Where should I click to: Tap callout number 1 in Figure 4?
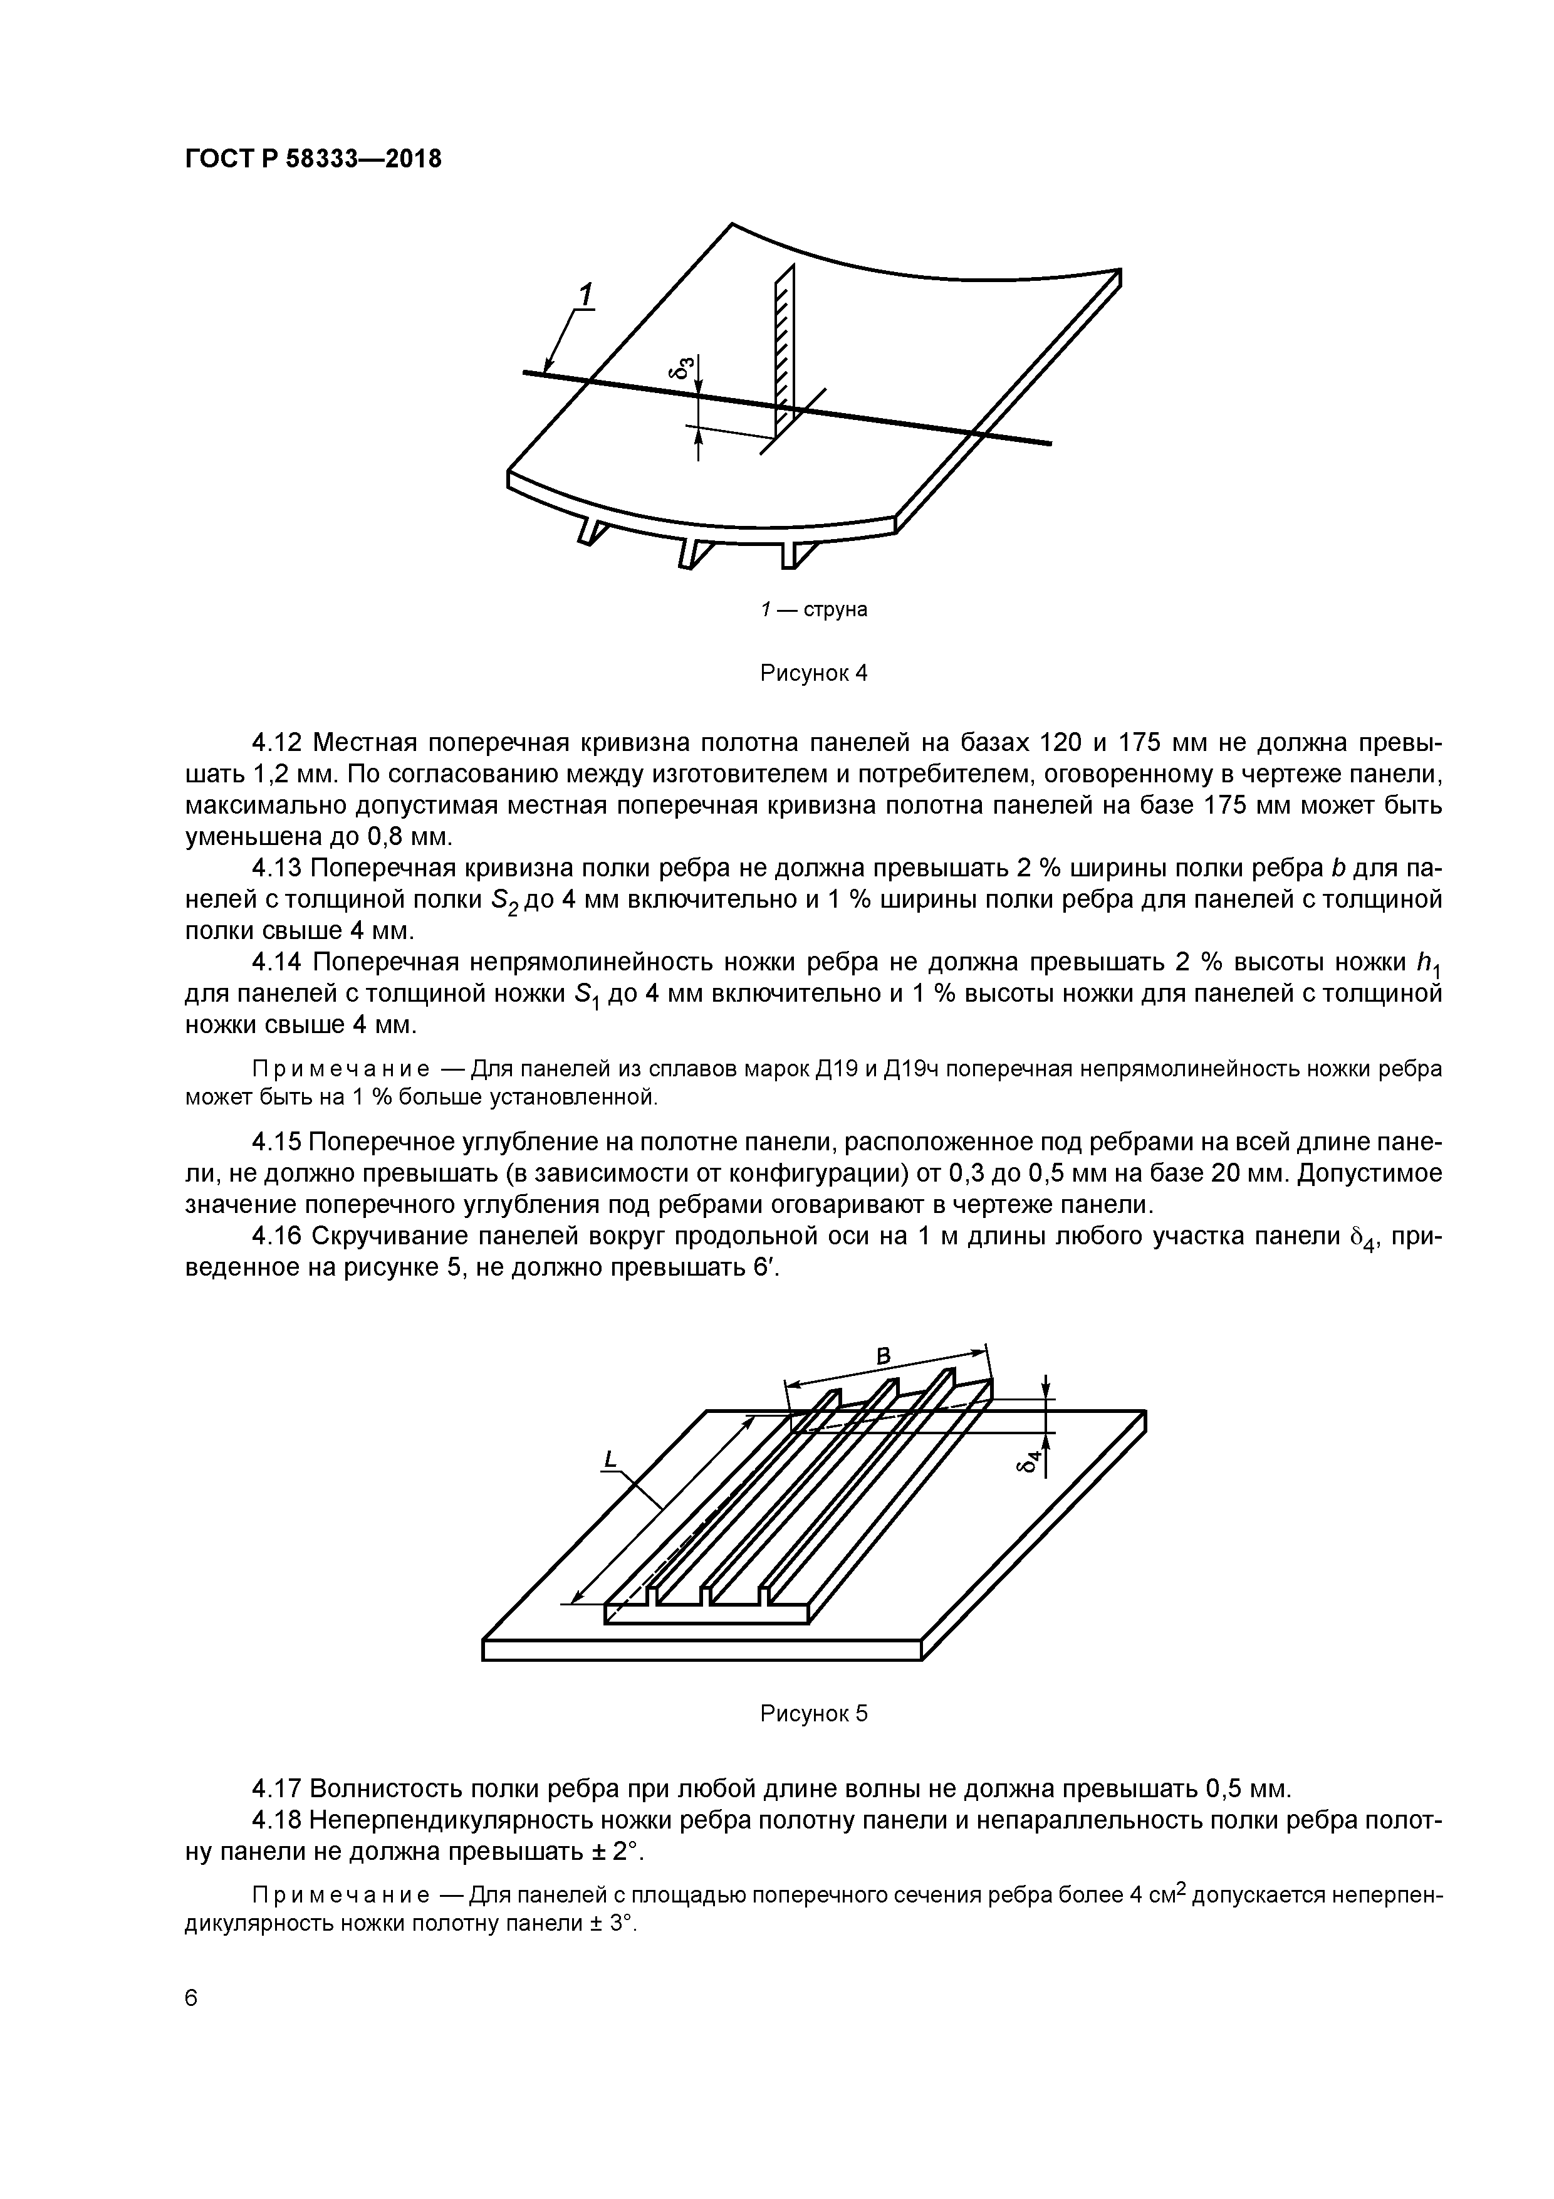(x=585, y=295)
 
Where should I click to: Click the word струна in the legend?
(x=835, y=610)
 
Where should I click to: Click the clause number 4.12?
(x=276, y=743)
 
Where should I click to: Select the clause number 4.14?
(x=276, y=962)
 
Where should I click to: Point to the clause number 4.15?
(x=276, y=1143)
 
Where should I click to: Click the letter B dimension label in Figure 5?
(x=884, y=1355)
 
